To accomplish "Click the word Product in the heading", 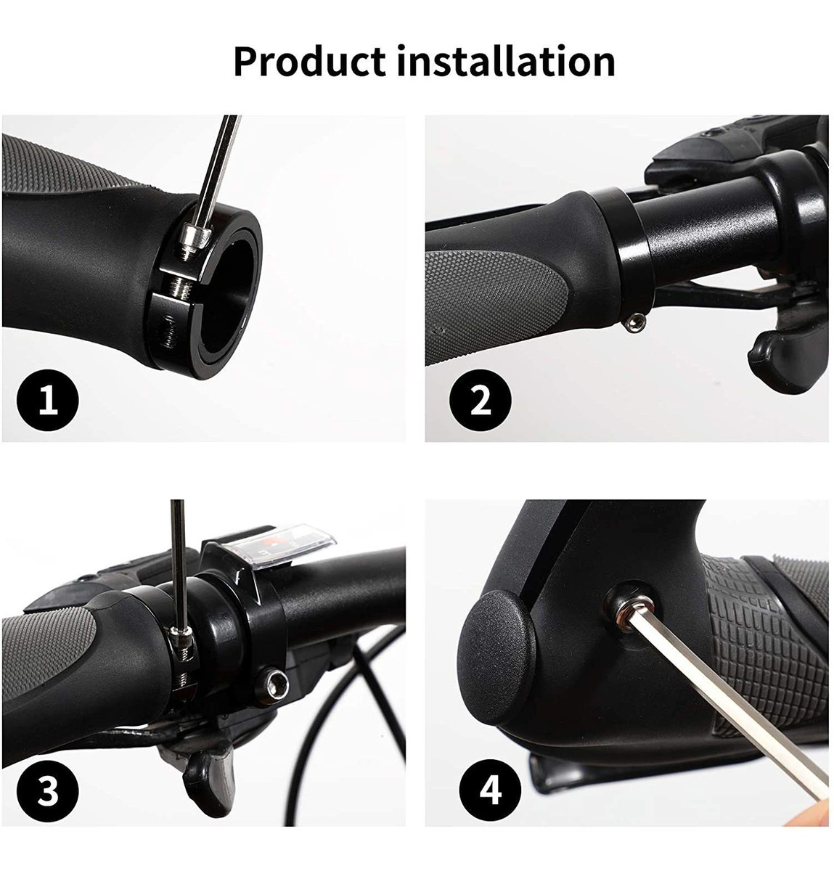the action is tap(309, 62).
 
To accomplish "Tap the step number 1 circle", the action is tap(47, 400).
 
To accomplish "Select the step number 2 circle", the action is tap(481, 400).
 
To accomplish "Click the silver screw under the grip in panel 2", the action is tap(635, 322).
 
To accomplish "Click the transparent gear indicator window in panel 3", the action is tap(283, 547).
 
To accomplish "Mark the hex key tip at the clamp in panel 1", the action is tap(193, 238).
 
